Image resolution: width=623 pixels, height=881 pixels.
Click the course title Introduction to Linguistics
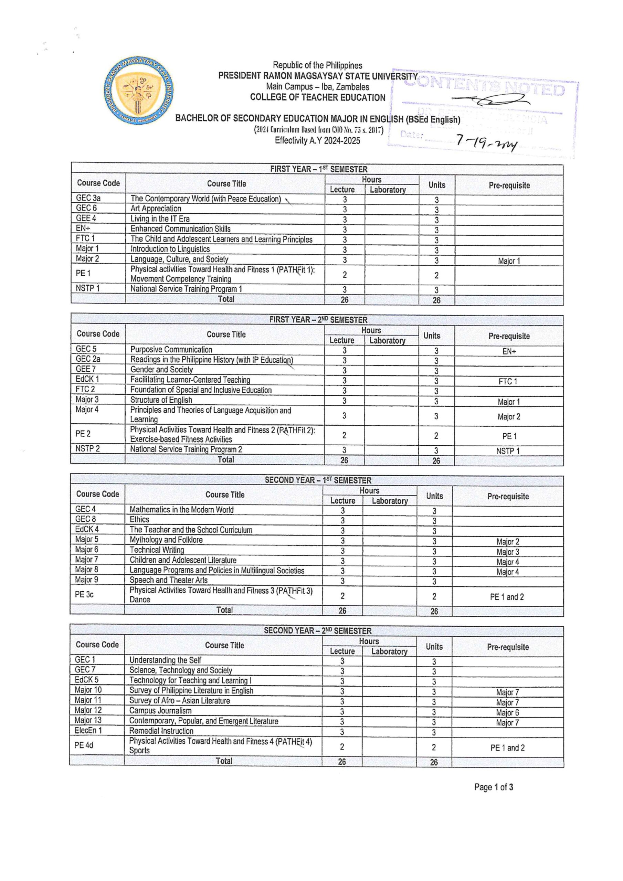pyautogui.click(x=170, y=249)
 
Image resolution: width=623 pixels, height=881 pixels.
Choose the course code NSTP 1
pyautogui.click(x=87, y=288)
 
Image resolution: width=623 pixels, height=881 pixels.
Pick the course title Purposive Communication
pyautogui.click(x=171, y=350)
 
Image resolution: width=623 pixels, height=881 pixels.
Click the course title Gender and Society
pyautogui.click(x=162, y=370)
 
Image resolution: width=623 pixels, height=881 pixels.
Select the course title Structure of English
pyautogui.click(x=161, y=400)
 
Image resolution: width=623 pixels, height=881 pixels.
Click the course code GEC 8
pyautogui.click(x=86, y=519)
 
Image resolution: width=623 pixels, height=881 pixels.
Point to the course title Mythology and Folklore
pyautogui.click(x=166, y=540)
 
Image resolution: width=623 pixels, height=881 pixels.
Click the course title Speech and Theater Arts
pyautogui.click(x=169, y=580)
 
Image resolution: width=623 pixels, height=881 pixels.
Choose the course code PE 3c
pyautogui.click(x=84, y=594)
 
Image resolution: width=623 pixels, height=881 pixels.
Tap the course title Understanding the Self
pyautogui.click(x=165, y=660)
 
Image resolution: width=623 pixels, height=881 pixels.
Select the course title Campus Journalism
pyautogui.click(x=160, y=711)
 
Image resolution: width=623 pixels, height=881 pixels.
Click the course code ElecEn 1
pyautogui.click(x=88, y=731)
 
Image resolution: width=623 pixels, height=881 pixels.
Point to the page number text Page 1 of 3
pyautogui.click(x=493, y=787)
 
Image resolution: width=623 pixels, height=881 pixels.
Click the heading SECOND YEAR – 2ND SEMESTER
pyautogui.click(x=317, y=631)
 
